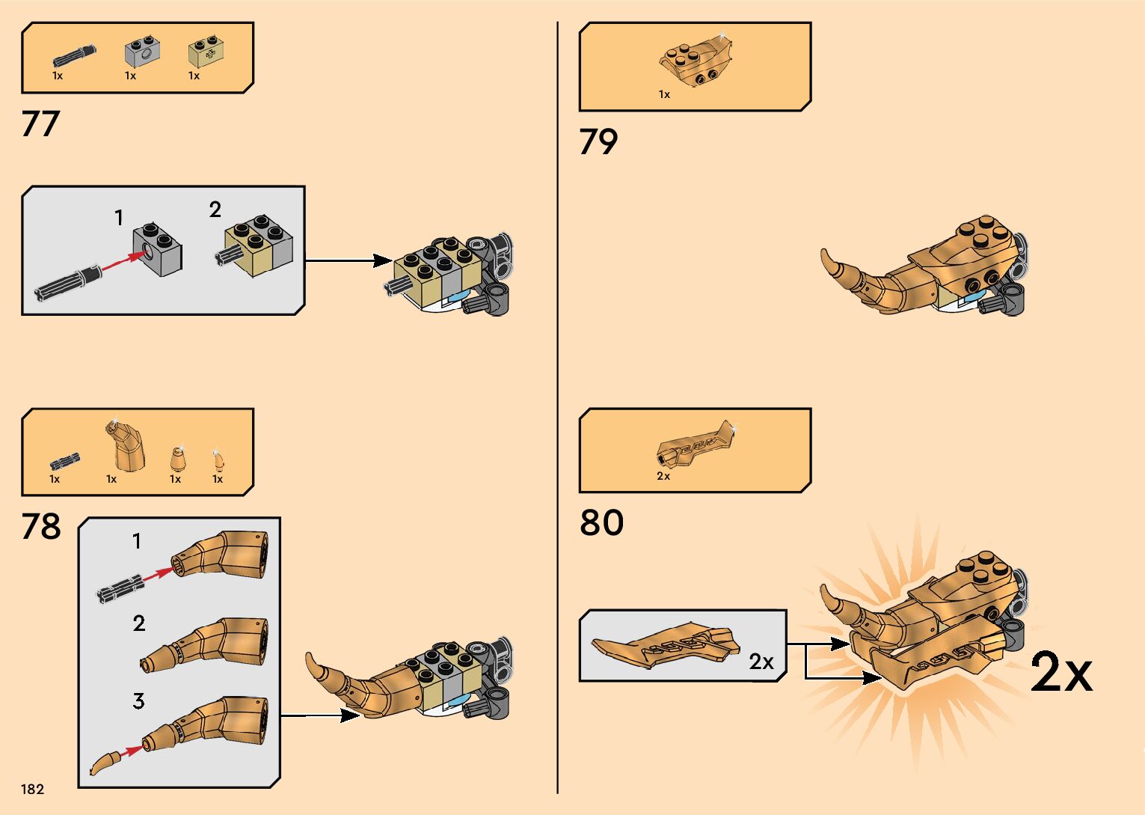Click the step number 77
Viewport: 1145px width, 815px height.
pos(40,124)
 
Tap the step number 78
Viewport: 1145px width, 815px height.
pos(41,526)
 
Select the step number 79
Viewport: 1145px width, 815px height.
pos(598,142)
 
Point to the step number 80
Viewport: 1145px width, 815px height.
pos(601,522)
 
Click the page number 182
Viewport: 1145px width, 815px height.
pos(33,790)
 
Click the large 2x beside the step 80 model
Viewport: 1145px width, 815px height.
pos(1061,672)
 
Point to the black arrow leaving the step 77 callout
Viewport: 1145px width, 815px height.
pos(349,261)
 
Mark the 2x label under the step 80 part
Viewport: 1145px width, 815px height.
pos(663,476)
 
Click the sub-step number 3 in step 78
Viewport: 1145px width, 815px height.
pos(138,701)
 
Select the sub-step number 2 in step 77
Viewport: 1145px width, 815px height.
pos(215,210)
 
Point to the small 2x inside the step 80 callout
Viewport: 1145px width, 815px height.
pos(761,662)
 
